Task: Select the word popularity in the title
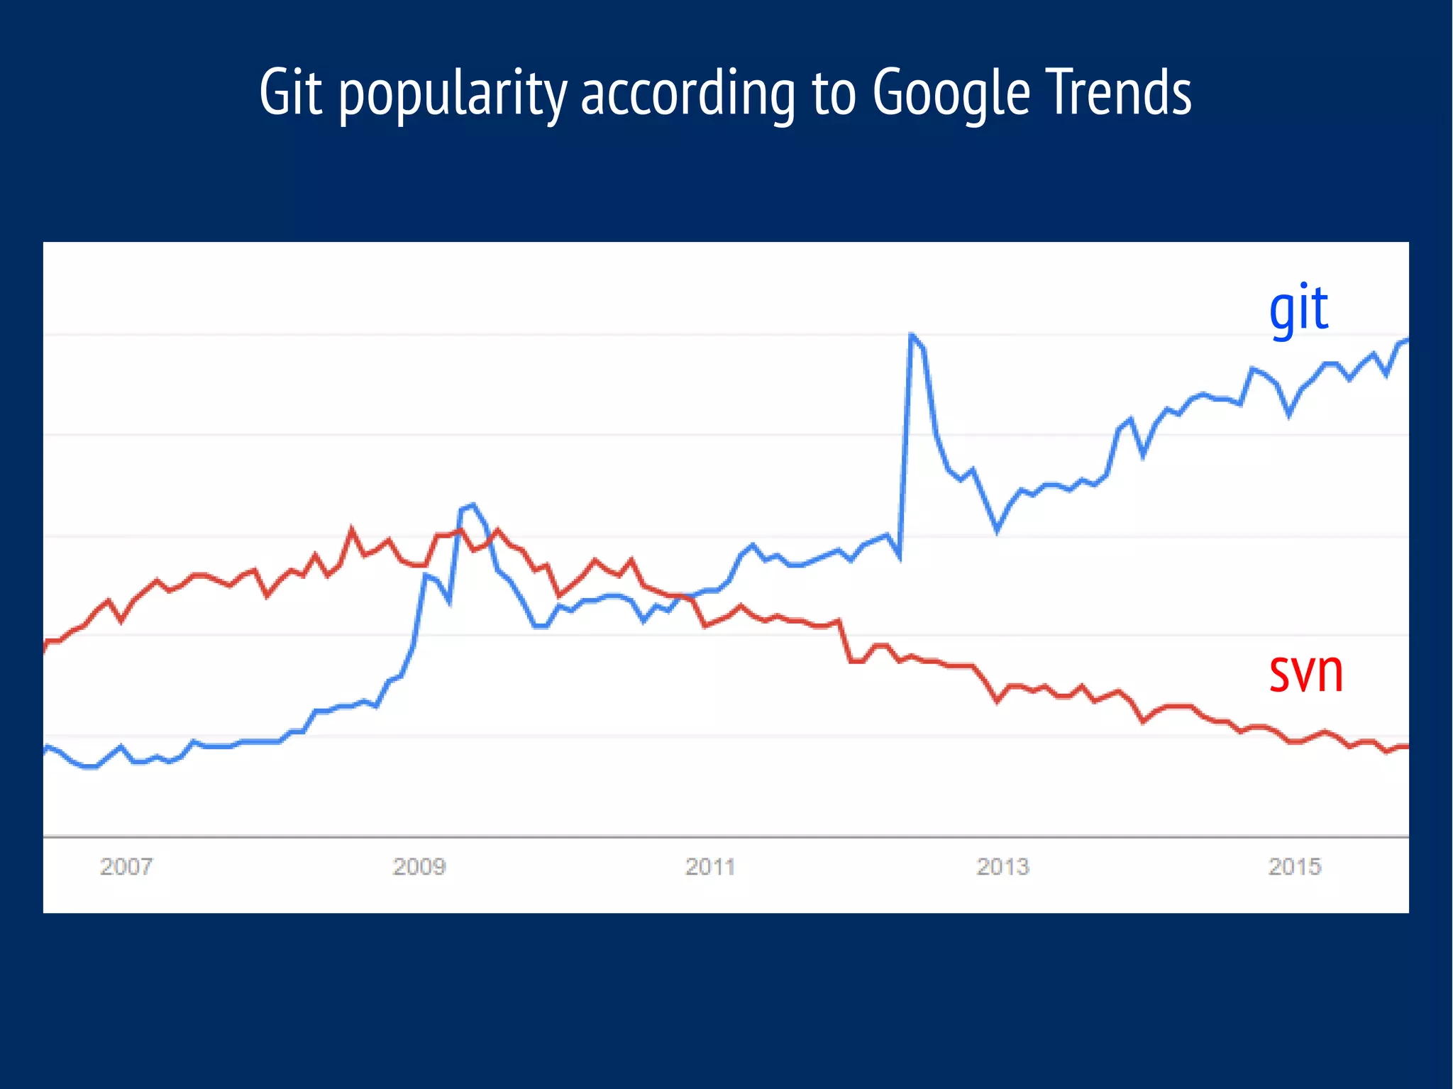pos(453,94)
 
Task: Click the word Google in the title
pos(951,94)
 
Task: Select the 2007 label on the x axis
pos(126,866)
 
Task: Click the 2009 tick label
pos(419,866)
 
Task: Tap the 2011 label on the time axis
pos(710,866)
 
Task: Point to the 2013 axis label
pos(1002,866)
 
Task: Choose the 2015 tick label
pos(1294,866)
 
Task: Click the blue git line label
pos(1298,309)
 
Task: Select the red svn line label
pos(1305,672)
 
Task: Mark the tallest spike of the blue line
pos(911,334)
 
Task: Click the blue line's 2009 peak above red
pos(473,505)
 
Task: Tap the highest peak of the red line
pos(352,529)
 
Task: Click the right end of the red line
pos(1405,746)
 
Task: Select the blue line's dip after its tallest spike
pos(997,530)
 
